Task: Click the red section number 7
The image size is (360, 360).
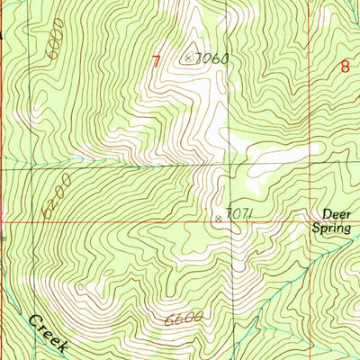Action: pos(157,62)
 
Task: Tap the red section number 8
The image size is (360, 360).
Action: pos(345,65)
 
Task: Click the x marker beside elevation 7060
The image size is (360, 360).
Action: pos(188,58)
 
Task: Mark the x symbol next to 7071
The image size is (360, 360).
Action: pos(217,217)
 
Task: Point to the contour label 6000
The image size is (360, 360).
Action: pos(58,46)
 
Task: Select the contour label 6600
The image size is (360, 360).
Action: pos(183,319)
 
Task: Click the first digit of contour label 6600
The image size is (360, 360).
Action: pos(169,320)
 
